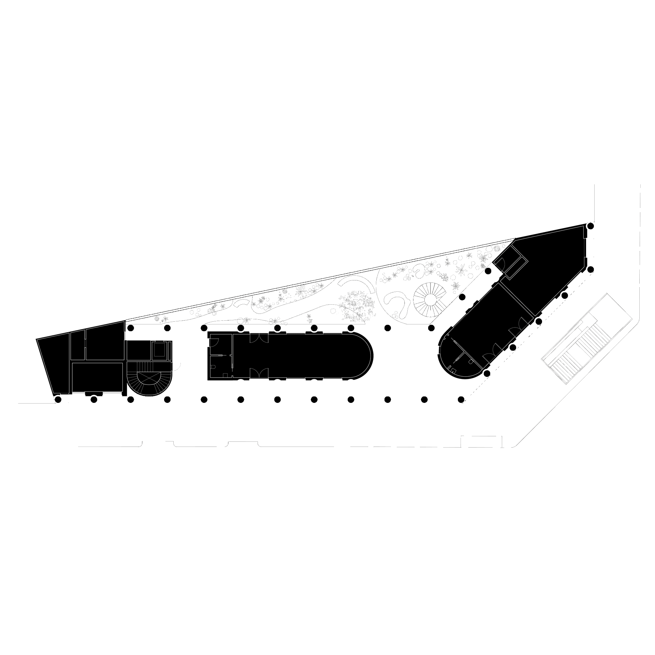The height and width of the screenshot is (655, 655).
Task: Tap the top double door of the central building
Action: tap(259, 338)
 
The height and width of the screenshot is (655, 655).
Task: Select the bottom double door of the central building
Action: tap(259, 374)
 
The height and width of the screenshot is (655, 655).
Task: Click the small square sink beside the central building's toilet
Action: tap(225, 375)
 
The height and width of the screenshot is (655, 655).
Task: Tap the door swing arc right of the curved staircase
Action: tap(177, 367)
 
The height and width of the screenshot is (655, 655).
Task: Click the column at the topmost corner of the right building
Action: tap(591, 226)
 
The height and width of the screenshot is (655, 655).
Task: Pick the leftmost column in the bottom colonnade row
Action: tap(58, 399)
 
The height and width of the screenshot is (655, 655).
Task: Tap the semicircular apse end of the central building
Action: tap(362, 356)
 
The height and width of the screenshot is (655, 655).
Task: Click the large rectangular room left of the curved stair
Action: tap(98, 377)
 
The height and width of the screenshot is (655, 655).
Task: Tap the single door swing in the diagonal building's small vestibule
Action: tap(500, 263)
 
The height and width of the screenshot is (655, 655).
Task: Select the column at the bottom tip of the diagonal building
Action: tap(487, 374)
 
